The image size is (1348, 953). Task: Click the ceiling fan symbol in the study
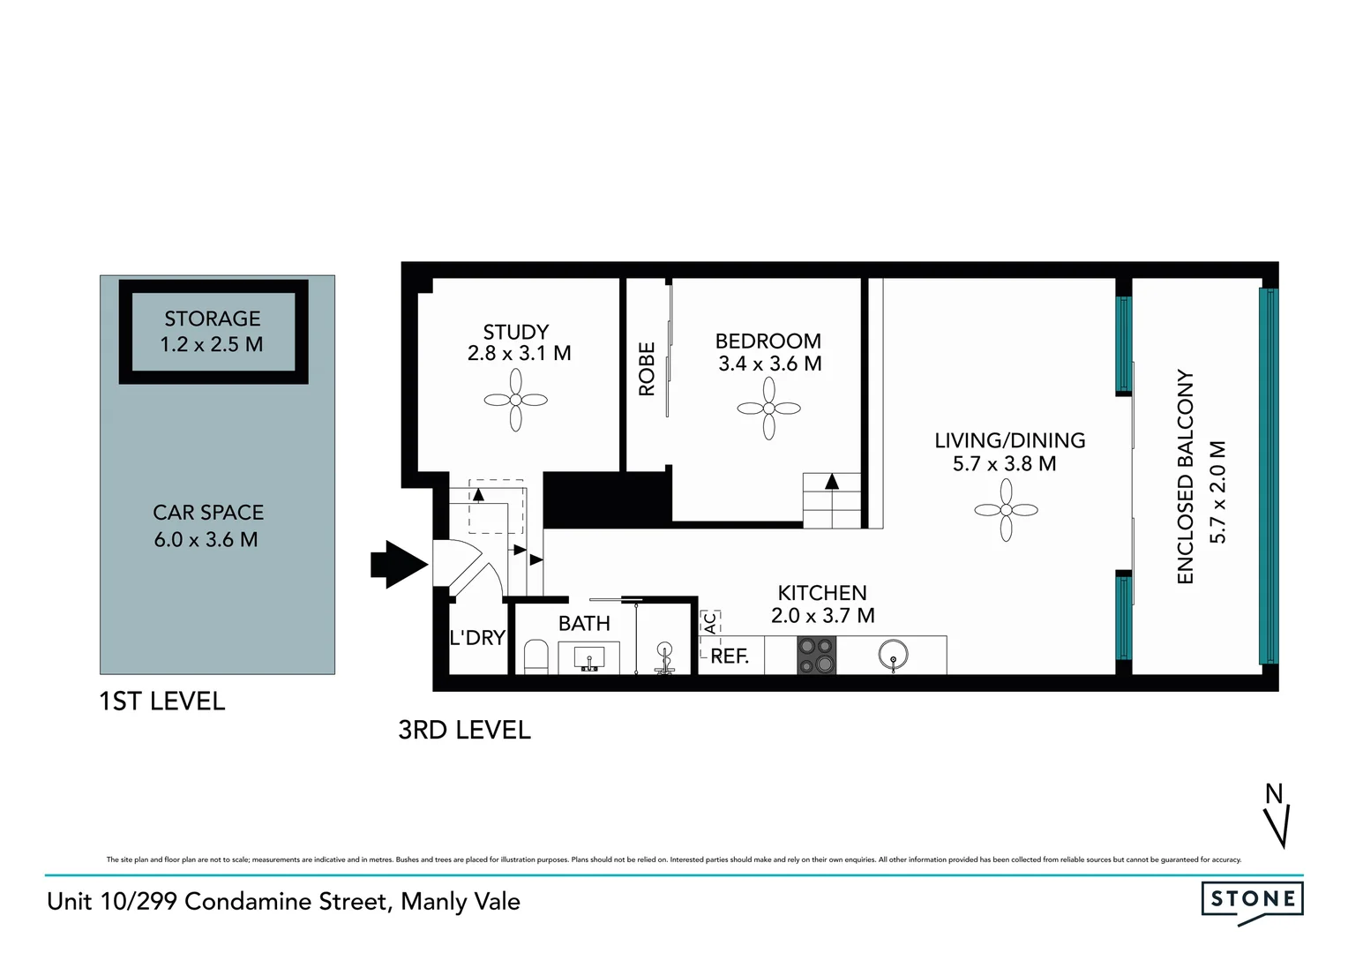[516, 400]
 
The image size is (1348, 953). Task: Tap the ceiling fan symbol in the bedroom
[768, 408]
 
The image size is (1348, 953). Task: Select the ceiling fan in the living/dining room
[1006, 510]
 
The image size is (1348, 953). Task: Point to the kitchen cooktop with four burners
[816, 655]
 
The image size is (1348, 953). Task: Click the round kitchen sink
[893, 655]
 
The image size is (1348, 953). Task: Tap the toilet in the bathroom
[535, 657]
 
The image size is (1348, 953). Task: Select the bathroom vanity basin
[589, 658]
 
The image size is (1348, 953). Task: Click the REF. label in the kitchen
[730, 657]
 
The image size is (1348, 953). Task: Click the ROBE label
[647, 369]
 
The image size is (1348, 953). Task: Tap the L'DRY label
[477, 637]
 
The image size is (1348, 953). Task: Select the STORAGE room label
[213, 319]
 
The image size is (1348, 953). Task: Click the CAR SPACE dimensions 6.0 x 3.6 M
[206, 539]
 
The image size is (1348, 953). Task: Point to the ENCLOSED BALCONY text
[1185, 476]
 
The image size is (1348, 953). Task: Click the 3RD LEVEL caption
[465, 730]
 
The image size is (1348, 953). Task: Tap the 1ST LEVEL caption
[162, 701]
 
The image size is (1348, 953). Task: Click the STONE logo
[1252, 900]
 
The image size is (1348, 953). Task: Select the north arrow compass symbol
[1277, 815]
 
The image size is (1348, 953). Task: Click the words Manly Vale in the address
[461, 901]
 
